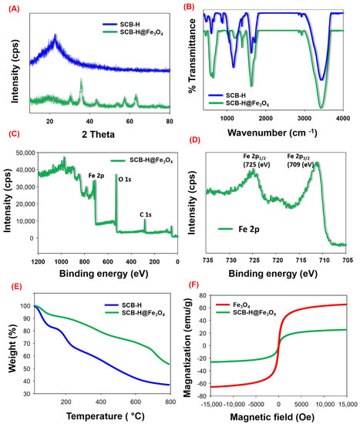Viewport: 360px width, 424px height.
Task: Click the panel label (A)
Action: click(11, 5)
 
